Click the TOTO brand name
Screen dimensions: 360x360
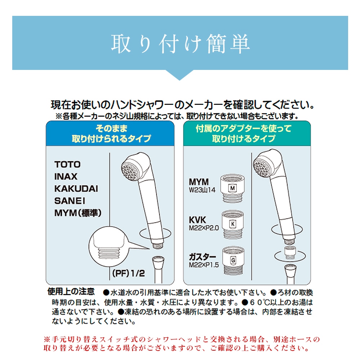pyautogui.click(x=67, y=164)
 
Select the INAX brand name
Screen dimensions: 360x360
pyautogui.click(x=66, y=177)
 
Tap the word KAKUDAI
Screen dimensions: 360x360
pyautogui.click(x=76, y=189)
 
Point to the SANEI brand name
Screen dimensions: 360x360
pyautogui.click(x=69, y=201)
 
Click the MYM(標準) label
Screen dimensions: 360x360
pyautogui.click(x=78, y=213)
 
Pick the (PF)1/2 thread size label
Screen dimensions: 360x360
pyautogui.click(x=129, y=273)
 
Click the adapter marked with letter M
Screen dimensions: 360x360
pyautogui.click(x=232, y=188)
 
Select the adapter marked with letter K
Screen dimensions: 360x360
pyautogui.click(x=233, y=224)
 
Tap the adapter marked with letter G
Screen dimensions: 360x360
pyautogui.click(x=233, y=261)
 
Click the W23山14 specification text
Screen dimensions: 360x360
pyautogui.click(x=202, y=190)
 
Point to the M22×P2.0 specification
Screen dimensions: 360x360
pyautogui.click(x=204, y=228)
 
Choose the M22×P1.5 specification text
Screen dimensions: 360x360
pyautogui.click(x=204, y=265)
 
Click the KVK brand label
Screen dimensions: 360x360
pyautogui.click(x=197, y=220)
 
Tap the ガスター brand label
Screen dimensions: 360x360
pyautogui.click(x=202, y=257)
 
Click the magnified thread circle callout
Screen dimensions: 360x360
pyautogui.click(x=109, y=246)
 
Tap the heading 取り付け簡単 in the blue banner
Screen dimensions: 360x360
pyautogui.click(x=180, y=44)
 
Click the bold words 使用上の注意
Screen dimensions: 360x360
pyautogui.click(x=71, y=292)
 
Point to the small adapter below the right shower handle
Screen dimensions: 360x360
pyautogui.click(x=290, y=253)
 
